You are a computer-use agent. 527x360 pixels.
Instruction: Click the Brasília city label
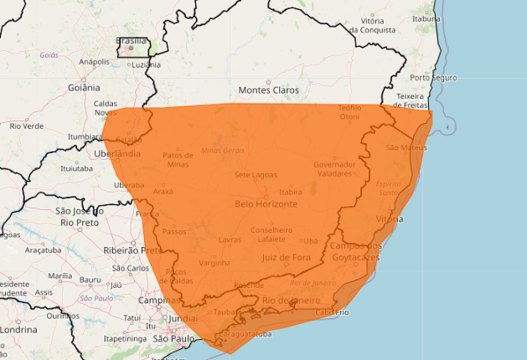[x=131, y=40]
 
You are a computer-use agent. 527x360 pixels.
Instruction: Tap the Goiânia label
[x=83, y=87]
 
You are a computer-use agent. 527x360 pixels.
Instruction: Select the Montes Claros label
[x=268, y=90]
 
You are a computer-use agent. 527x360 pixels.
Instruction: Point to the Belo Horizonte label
[x=266, y=203]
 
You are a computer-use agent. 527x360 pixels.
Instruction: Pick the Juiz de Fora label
[x=286, y=257]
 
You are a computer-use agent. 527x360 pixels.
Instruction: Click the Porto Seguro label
[x=433, y=78]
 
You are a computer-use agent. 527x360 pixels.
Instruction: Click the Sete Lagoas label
[x=255, y=174]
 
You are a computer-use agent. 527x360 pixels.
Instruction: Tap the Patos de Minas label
[x=183, y=159]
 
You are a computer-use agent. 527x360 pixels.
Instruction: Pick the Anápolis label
[x=94, y=61]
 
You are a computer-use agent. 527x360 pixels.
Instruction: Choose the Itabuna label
[x=426, y=18]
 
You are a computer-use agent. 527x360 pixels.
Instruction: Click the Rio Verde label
[x=27, y=126]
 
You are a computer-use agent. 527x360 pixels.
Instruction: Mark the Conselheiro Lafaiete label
[x=271, y=234]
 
